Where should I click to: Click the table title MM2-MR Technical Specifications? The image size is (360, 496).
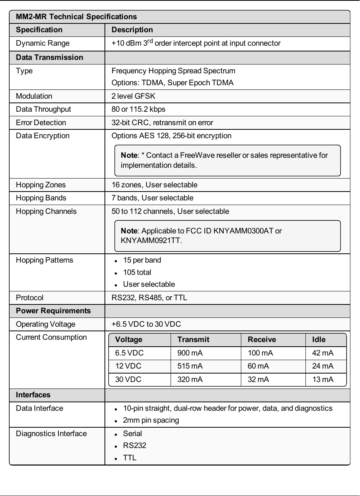click(x=76, y=17)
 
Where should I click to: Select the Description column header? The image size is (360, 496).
click(x=132, y=30)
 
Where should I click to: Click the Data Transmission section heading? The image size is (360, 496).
click(x=49, y=57)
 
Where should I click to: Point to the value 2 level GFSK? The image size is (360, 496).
click(x=133, y=96)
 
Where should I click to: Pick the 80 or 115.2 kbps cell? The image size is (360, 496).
click(x=138, y=109)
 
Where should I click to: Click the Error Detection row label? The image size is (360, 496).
click(x=41, y=122)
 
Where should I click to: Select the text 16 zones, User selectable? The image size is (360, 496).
click(x=154, y=185)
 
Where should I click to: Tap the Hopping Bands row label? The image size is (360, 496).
click(x=41, y=198)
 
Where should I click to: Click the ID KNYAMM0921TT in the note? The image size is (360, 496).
click(x=151, y=241)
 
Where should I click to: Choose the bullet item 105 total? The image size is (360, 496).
click(x=137, y=272)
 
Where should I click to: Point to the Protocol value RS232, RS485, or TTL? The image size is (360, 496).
click(x=149, y=298)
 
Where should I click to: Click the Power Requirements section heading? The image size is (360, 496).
click(x=53, y=311)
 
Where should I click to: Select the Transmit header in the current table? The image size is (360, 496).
click(x=193, y=339)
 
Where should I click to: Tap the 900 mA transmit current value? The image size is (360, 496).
click(x=190, y=353)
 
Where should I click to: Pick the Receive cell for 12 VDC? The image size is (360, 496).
click(x=258, y=366)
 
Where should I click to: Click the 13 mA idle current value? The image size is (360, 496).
click(x=323, y=379)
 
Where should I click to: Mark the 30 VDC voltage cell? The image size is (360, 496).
click(x=128, y=379)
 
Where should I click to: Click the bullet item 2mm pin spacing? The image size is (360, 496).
click(x=151, y=420)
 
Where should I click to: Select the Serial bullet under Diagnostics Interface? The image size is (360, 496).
click(x=132, y=433)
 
